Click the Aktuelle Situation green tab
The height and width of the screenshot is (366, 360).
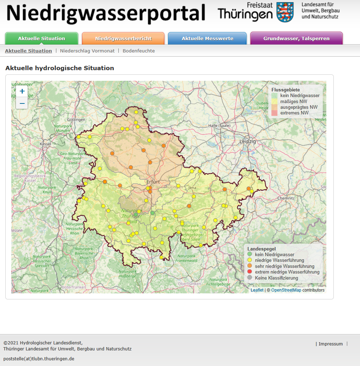(x=41, y=38)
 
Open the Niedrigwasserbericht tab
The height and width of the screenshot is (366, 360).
(x=123, y=38)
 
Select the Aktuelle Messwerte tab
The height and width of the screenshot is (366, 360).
(x=207, y=38)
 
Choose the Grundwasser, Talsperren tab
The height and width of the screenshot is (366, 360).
(x=296, y=38)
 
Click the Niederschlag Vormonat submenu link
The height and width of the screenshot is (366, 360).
(x=87, y=51)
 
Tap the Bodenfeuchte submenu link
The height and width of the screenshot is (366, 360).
(x=139, y=51)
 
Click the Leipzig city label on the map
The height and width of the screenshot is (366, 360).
(x=247, y=141)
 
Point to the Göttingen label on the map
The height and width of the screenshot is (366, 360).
(x=76, y=120)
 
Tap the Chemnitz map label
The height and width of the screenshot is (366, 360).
(x=286, y=198)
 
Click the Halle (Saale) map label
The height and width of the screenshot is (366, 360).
(x=219, y=125)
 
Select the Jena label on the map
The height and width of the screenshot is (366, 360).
(x=192, y=187)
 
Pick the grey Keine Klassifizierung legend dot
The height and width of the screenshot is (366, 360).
(x=249, y=278)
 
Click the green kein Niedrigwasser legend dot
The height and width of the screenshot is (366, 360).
(x=249, y=254)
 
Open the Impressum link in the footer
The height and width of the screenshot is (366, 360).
(x=331, y=344)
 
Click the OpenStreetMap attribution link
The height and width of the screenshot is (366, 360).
(x=286, y=290)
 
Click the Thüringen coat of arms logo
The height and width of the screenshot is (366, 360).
(x=285, y=12)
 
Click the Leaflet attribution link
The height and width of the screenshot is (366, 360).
(x=257, y=290)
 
